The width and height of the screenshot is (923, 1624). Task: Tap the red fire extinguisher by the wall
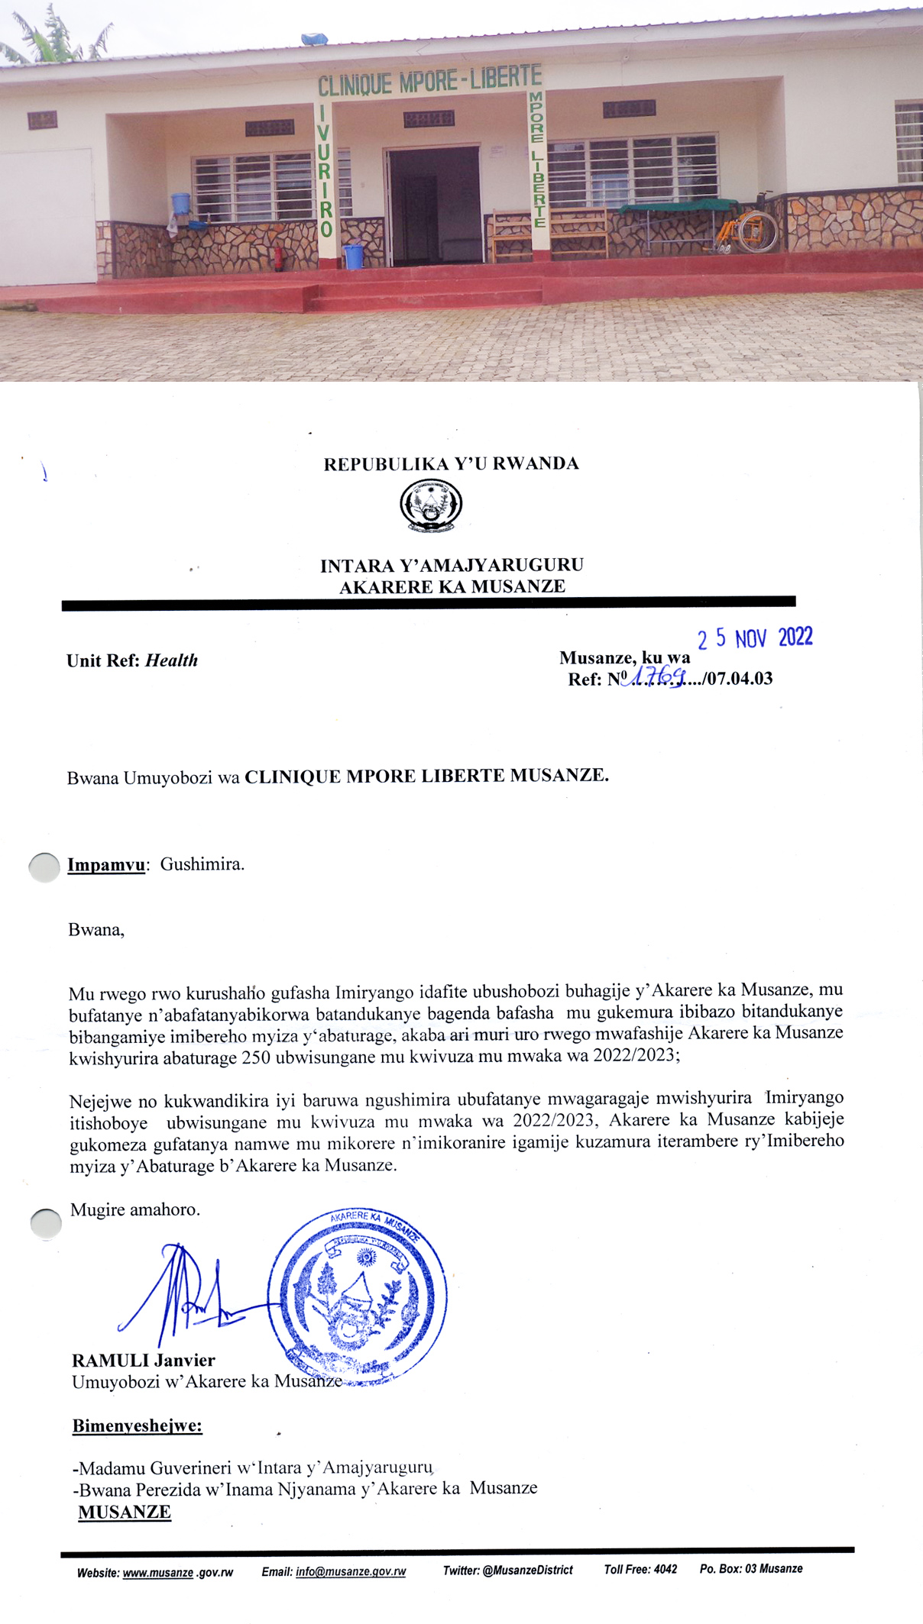[x=279, y=257]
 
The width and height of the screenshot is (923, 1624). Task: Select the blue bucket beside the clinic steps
[x=353, y=257]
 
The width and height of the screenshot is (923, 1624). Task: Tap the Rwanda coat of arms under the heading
[x=431, y=505]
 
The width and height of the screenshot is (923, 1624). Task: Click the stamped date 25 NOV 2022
[x=755, y=638]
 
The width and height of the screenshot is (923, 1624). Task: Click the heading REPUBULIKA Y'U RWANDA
[x=451, y=464]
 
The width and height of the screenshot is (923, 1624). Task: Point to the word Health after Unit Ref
[x=171, y=660]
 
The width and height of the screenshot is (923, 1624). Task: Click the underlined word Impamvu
[x=106, y=865]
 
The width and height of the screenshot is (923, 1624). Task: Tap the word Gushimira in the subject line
[x=202, y=865]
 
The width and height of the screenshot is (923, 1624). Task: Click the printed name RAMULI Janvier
[x=144, y=1360]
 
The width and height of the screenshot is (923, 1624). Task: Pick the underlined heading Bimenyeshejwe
[x=138, y=1425]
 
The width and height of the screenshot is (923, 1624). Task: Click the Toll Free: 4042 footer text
[x=640, y=1569]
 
